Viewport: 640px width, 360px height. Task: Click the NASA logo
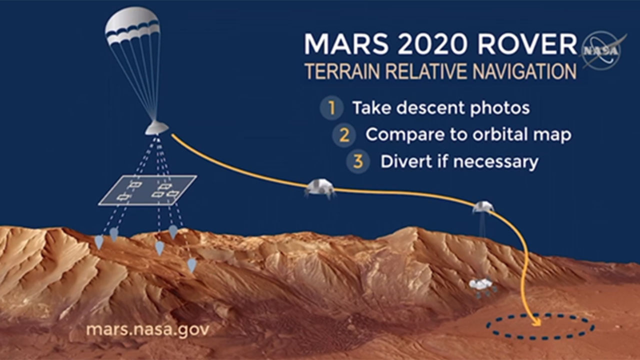point(603,51)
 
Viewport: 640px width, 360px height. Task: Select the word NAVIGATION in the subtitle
point(524,71)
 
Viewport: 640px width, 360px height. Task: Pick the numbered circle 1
point(331,108)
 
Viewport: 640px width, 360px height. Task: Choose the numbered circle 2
point(344,135)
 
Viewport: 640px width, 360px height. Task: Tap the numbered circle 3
point(358,161)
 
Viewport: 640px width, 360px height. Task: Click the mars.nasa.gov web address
point(147,330)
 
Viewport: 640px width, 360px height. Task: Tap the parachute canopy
point(132,25)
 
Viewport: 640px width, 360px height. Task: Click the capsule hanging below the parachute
point(156,127)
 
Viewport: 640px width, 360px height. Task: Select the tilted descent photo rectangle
point(147,190)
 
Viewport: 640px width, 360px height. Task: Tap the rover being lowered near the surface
point(482,288)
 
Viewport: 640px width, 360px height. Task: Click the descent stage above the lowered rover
point(483,206)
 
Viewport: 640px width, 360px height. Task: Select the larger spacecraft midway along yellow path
point(320,188)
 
